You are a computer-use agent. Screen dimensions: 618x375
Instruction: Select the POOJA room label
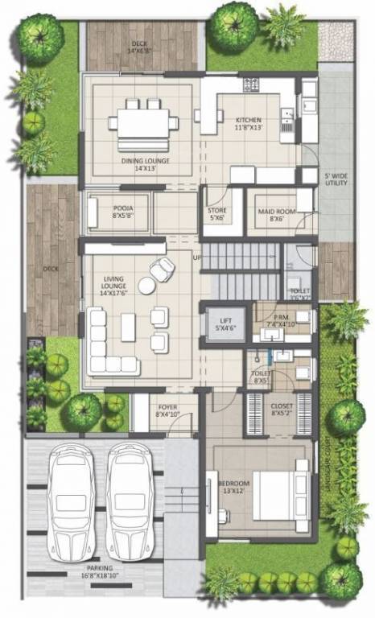[x=122, y=211]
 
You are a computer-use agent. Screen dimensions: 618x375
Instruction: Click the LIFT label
[x=222, y=323]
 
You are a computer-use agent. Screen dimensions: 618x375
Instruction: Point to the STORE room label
[x=217, y=213]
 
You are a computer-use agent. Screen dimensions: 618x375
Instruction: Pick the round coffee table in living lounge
[x=146, y=285]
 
